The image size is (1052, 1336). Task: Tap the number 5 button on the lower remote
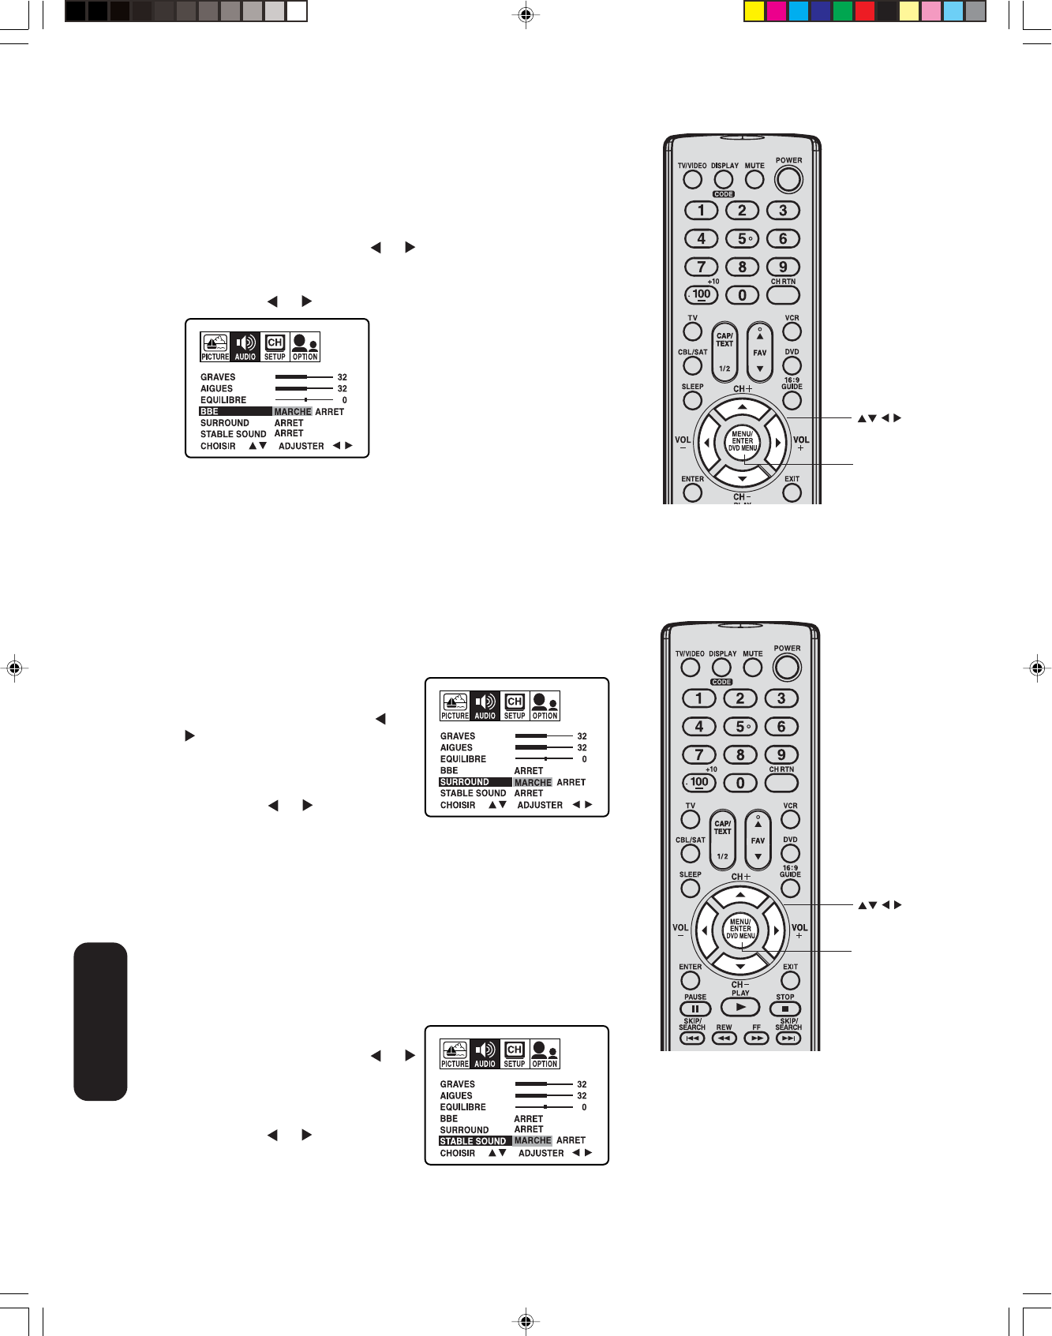tap(740, 727)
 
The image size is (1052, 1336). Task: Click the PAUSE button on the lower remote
tap(695, 1009)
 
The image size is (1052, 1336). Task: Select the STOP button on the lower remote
tap(784, 1009)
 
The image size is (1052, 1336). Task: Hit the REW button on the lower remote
tap(724, 1038)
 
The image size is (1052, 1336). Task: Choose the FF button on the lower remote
tap(756, 1038)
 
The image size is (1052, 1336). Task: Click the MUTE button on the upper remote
tap(754, 180)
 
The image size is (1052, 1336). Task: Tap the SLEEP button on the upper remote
tap(692, 400)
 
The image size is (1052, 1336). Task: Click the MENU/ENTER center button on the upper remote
tap(742, 442)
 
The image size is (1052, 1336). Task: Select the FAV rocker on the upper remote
tap(759, 352)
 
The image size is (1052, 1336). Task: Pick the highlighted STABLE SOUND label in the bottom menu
tap(473, 1141)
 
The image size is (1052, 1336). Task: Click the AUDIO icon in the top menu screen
tap(245, 346)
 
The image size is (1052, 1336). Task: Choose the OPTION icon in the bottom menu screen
tap(545, 1053)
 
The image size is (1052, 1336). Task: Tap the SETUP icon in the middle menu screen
tap(515, 705)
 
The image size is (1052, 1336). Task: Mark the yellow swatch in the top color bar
tap(754, 12)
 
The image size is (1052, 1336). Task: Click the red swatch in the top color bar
tap(865, 12)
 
